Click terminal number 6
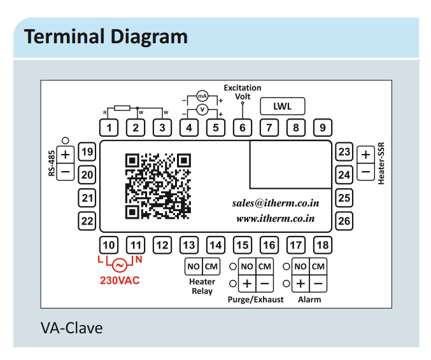click(242, 128)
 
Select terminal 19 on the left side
click(87, 152)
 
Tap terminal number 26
click(344, 221)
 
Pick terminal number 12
click(162, 245)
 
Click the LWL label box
click(282, 106)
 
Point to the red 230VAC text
click(120, 280)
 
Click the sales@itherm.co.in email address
click(275, 204)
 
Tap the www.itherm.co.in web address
click(276, 218)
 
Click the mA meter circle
click(202, 96)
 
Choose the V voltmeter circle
click(202, 109)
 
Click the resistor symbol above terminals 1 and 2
click(122, 108)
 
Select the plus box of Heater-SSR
click(365, 154)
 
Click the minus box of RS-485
click(66, 171)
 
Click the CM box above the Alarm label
click(319, 267)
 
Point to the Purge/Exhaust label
click(255, 299)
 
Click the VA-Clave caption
click(71, 328)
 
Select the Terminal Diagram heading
click(106, 36)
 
